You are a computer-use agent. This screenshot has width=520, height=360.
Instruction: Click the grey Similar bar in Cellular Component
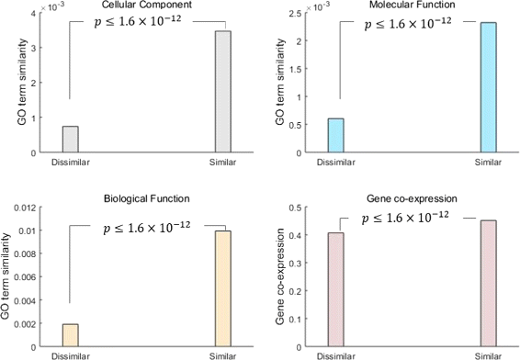click(x=222, y=92)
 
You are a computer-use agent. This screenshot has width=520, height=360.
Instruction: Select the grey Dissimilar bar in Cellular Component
click(x=70, y=139)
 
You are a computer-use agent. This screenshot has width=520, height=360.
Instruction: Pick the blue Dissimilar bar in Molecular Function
click(x=336, y=135)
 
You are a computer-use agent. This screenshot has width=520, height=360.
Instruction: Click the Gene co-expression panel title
click(x=413, y=197)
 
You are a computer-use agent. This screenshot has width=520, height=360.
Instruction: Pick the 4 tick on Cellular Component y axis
click(x=35, y=14)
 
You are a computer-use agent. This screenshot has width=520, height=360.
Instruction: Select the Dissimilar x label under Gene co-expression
click(x=336, y=354)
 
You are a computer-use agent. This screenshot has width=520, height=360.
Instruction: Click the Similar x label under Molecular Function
click(x=488, y=163)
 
